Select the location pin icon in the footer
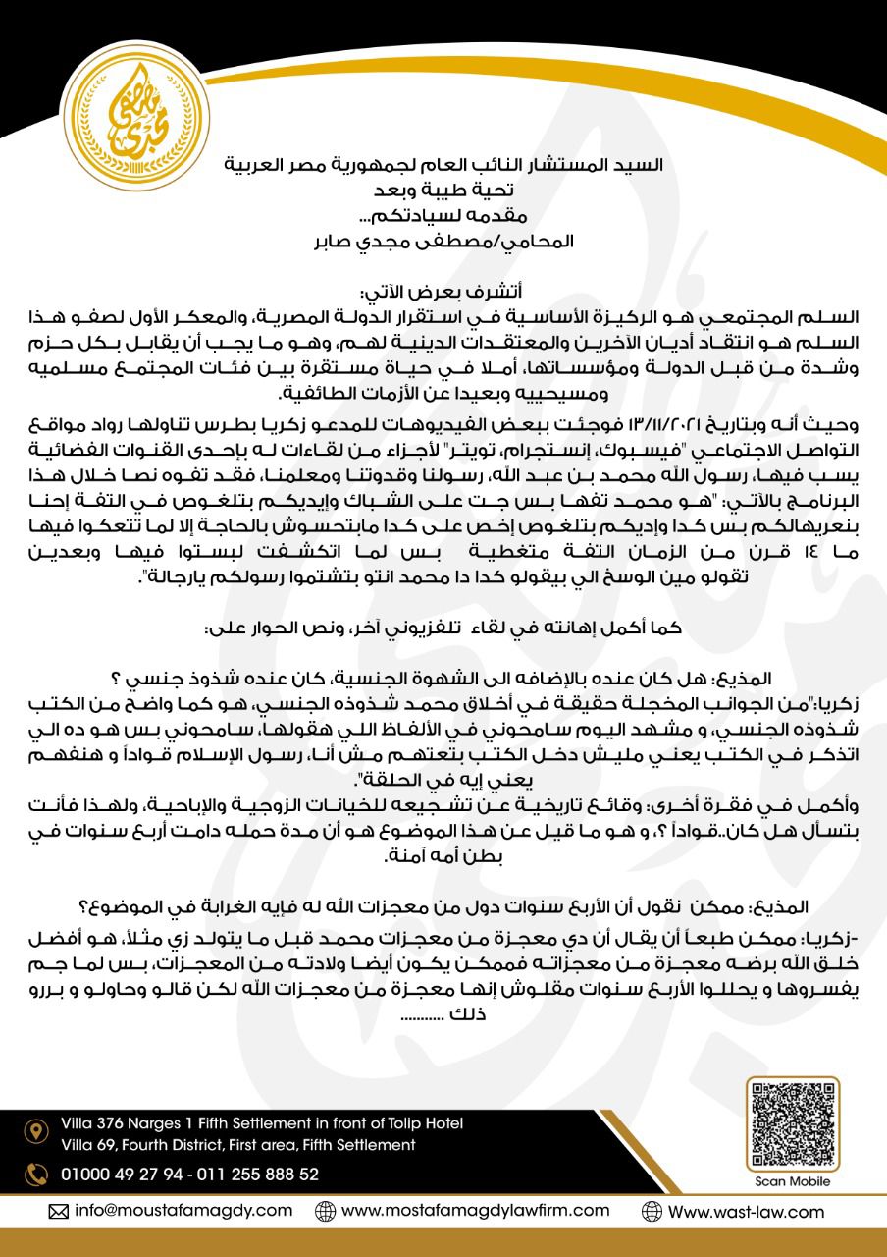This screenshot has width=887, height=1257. point(36,1131)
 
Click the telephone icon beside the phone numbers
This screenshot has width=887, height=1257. point(36,1174)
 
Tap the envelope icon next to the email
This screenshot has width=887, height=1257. point(60,1210)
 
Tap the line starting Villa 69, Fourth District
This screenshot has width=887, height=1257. point(237,1145)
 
